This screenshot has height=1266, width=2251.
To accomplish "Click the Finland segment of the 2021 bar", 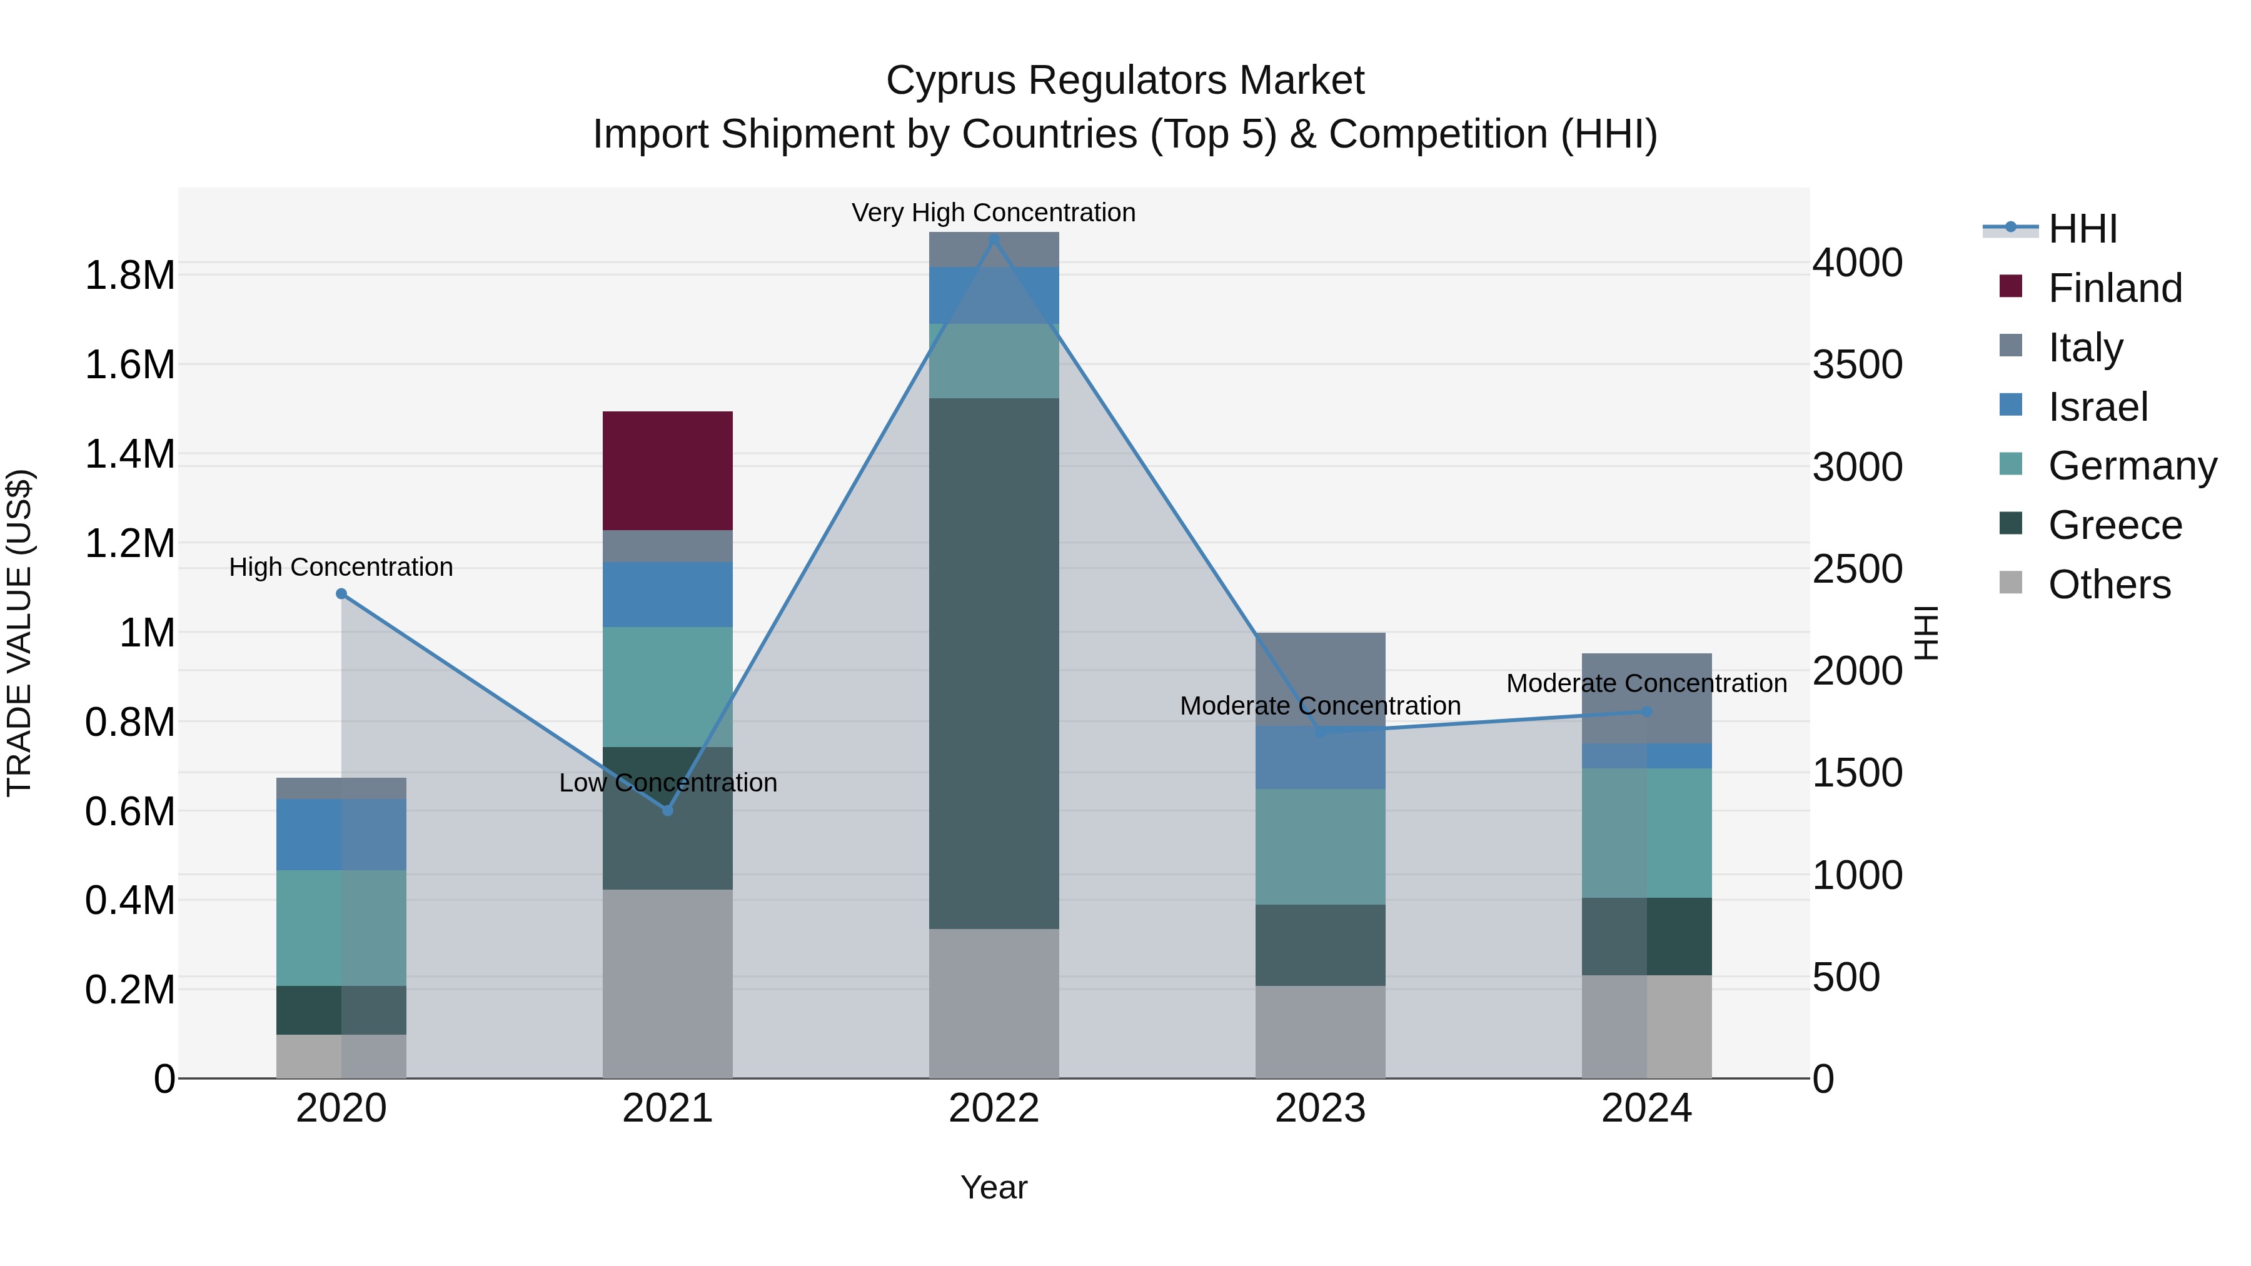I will [668, 470].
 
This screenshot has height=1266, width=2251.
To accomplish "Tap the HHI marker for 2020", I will [341, 594].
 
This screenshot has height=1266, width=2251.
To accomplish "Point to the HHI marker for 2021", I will [668, 811].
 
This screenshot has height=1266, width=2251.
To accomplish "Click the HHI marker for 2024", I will [1647, 711].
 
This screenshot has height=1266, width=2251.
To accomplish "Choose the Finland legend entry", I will [2114, 288].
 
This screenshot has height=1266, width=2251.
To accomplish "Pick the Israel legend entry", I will [2097, 407].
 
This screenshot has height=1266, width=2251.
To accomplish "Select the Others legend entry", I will [2108, 585].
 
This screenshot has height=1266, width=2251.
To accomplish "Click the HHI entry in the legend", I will [2082, 229].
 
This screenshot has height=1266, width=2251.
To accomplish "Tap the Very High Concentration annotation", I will [994, 213].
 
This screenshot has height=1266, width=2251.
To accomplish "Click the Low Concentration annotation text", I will [668, 783].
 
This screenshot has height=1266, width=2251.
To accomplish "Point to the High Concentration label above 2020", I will [341, 567].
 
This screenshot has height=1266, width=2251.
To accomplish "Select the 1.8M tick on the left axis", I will [130, 276].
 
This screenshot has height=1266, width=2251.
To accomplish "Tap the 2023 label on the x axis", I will [1319, 1108].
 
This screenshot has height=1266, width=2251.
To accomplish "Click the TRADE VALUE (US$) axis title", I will [19, 633].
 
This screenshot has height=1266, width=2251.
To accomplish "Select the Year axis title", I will [994, 1187].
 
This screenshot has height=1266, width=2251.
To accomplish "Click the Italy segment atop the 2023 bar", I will [1319, 679].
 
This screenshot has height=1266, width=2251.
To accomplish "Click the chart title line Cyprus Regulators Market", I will [1125, 81].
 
